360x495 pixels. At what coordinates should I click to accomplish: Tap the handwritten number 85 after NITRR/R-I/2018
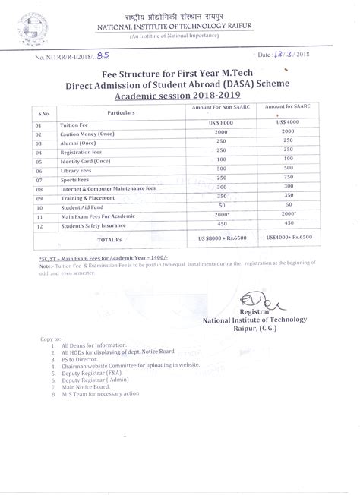(114, 55)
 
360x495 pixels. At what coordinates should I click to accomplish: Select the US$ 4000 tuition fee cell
(289, 122)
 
